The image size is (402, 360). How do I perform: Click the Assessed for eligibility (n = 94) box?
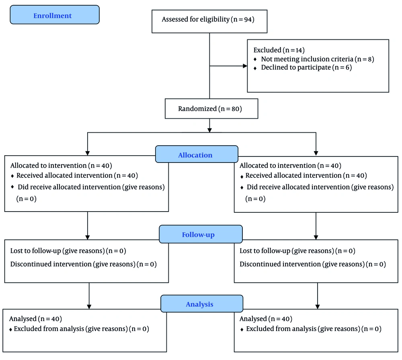pyautogui.click(x=209, y=22)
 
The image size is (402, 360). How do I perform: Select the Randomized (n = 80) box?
pyautogui.click(x=211, y=109)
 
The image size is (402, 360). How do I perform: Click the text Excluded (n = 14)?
pyautogui.click(x=279, y=50)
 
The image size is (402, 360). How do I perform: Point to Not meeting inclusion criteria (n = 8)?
pyautogui.click(x=318, y=59)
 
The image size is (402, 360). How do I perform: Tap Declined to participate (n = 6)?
pyautogui.click(x=306, y=68)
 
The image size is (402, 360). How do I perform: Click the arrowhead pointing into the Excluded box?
pyautogui.click(x=245, y=66)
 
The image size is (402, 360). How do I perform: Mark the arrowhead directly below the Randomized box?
pyautogui.click(x=209, y=130)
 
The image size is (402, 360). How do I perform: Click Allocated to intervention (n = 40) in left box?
pyautogui.click(x=61, y=165)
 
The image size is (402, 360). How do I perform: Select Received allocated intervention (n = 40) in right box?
pyautogui.click(x=306, y=175)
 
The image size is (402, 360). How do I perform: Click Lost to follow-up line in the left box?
pyautogui.click(x=68, y=251)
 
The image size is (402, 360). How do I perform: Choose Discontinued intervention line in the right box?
pyautogui.click(x=313, y=264)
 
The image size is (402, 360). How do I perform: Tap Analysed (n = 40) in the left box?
pyautogui.click(x=35, y=319)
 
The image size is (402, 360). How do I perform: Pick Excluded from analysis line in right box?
pyautogui.click(x=314, y=329)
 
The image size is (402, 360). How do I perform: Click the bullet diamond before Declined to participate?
pyautogui.click(x=255, y=68)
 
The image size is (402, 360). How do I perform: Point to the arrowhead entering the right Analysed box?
pyautogui.click(x=318, y=307)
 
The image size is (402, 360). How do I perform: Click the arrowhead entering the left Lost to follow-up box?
pyautogui.click(x=87, y=237)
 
